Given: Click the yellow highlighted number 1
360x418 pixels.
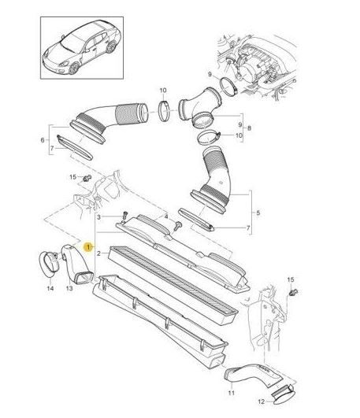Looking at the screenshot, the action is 88,247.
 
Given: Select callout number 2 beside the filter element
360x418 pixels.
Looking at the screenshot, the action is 98,253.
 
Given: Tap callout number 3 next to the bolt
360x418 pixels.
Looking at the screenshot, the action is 98,217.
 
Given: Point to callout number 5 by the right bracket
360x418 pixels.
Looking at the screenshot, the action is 258,213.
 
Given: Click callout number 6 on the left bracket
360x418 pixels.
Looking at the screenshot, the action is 43,140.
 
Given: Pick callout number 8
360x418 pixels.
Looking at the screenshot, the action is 249,128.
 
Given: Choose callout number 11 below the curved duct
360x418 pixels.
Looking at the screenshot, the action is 231,393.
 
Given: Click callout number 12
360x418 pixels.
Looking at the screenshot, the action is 262,401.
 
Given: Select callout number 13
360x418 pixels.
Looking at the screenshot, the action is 69,288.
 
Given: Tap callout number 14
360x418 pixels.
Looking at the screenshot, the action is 50,288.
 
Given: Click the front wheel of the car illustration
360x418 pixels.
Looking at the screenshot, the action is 74,68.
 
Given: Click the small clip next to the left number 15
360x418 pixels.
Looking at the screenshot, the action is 87,178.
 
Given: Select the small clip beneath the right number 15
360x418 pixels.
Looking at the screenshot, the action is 294,292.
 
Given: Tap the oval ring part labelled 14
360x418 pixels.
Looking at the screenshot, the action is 49,264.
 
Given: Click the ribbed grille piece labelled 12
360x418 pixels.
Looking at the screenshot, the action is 283,398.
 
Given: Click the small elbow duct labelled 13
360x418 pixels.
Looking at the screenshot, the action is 76,264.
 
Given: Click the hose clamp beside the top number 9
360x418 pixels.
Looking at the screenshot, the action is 229,86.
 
